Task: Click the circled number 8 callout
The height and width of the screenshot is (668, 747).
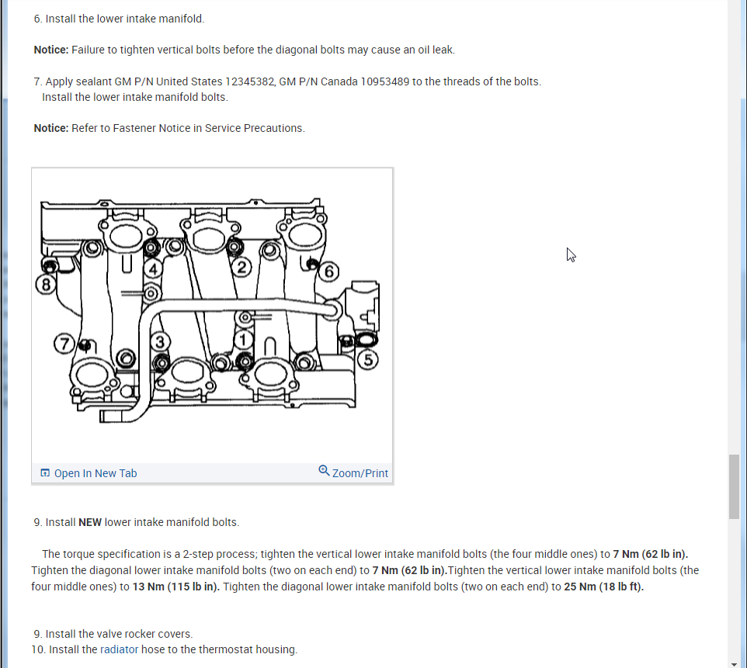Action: click(46, 285)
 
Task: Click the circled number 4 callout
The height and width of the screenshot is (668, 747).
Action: click(153, 268)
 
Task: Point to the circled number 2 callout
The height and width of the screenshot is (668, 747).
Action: click(241, 268)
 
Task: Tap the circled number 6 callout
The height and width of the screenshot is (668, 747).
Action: click(329, 271)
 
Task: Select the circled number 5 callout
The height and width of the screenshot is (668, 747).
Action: click(369, 359)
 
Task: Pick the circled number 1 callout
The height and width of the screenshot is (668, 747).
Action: click(244, 340)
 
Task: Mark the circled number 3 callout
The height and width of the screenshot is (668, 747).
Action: click(160, 341)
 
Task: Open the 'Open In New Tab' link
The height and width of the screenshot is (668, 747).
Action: click(96, 473)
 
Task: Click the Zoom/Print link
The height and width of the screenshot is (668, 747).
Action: click(360, 473)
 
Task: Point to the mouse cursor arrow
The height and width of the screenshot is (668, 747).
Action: click(571, 254)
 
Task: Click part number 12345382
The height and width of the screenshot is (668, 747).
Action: click(250, 81)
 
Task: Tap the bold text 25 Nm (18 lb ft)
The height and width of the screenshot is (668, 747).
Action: click(603, 586)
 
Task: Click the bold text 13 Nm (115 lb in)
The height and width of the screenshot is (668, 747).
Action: click(176, 586)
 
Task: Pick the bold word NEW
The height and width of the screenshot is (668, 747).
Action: click(90, 522)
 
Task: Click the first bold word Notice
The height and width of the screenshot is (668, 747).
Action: click(50, 50)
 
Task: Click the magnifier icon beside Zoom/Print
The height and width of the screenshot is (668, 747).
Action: click(325, 471)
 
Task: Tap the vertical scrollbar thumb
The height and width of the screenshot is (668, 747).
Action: click(734, 486)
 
